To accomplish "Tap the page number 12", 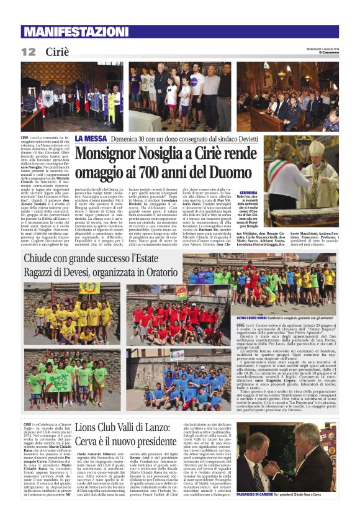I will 28,52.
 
